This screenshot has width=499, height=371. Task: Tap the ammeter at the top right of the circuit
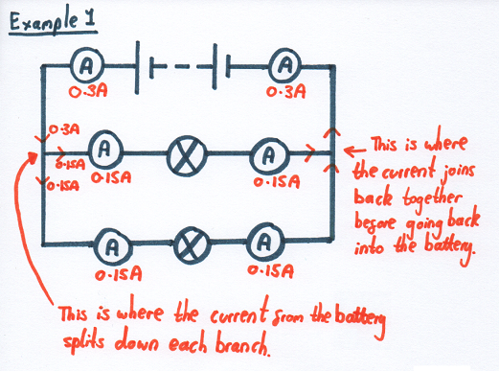coord(284,65)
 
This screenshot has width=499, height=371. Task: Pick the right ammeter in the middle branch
coord(269,151)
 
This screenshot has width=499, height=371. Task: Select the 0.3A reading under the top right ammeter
coord(285,92)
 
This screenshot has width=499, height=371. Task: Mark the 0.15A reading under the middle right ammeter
coord(270,177)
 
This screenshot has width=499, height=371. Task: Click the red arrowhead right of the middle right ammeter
coord(309,151)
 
